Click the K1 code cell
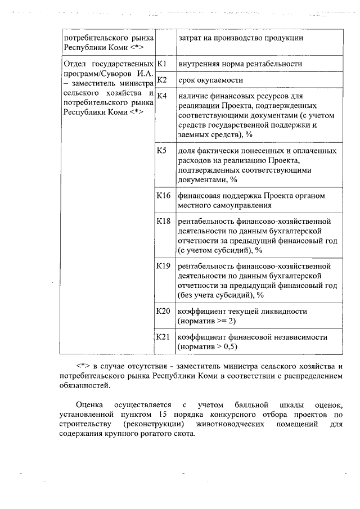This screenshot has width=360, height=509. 161,64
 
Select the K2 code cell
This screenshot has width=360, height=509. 161,79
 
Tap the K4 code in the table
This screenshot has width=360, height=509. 162,95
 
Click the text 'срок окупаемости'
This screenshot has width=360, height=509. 207,80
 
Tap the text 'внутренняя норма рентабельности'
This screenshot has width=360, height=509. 240,64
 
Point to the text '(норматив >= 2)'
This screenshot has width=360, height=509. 206,321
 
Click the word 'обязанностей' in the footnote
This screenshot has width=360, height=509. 87,386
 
